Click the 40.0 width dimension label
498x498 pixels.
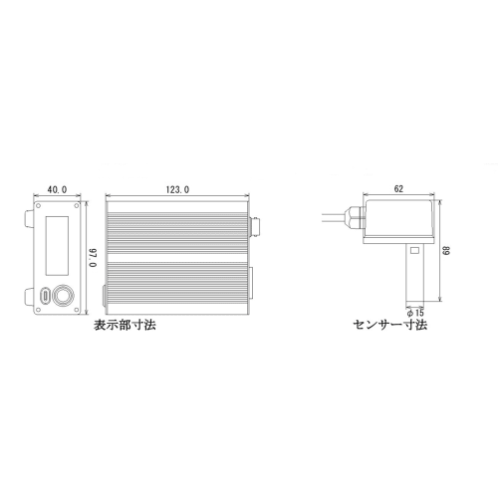click(57, 189)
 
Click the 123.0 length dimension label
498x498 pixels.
click(177, 189)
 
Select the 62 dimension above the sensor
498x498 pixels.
click(398, 188)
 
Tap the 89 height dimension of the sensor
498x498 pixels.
click(447, 251)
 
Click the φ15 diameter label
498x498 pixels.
click(415, 313)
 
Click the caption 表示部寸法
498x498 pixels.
click(124, 325)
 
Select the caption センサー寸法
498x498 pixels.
click(390, 325)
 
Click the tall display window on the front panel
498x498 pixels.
click(57, 246)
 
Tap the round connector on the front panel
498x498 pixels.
click(64, 295)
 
